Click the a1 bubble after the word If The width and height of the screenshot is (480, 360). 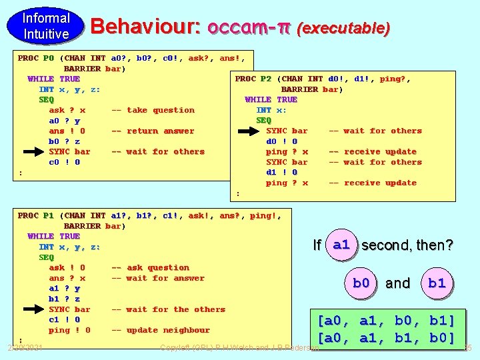341,245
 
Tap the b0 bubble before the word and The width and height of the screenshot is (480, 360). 361,283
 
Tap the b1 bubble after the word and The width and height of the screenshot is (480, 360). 437,283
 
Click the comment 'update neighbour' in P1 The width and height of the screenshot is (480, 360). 159,330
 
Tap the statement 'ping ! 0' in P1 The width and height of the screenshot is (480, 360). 69,330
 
